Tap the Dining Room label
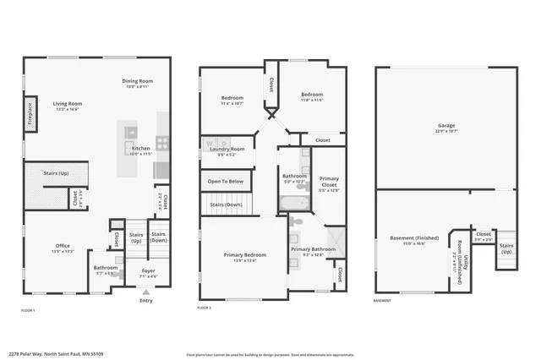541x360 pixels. click(139, 81)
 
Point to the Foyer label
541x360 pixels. click(147, 270)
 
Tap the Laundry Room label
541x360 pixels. click(227, 150)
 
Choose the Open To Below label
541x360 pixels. click(226, 181)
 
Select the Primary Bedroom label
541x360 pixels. click(244, 255)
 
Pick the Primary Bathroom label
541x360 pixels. click(313, 250)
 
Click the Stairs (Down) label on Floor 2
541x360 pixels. click(226, 205)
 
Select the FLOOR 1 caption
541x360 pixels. click(30, 311)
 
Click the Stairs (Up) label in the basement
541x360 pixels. click(505, 250)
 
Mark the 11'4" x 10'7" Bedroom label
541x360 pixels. click(232, 99)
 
